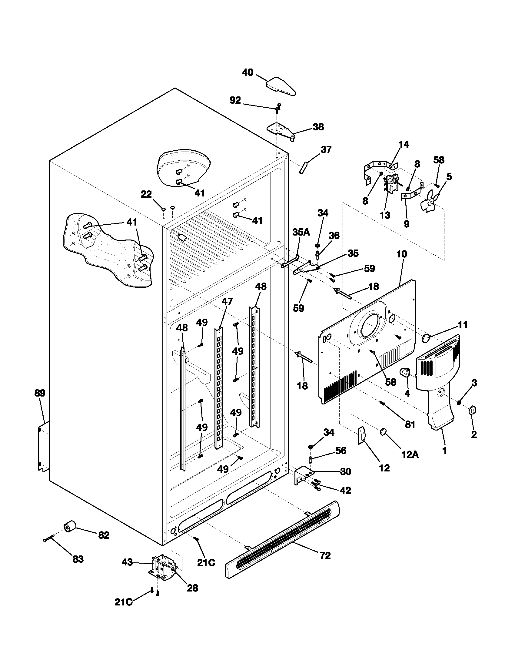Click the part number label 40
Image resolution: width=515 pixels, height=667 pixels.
(248, 73)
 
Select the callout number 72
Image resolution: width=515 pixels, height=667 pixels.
(325, 555)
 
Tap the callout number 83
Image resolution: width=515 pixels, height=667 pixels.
(78, 559)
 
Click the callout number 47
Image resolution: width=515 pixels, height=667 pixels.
(227, 301)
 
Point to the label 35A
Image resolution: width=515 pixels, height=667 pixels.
(301, 233)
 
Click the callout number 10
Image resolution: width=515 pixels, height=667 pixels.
(402, 254)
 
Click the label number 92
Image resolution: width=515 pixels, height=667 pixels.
(235, 100)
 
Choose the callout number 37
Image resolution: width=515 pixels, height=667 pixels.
(326, 150)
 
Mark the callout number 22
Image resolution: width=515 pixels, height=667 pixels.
(146, 194)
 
